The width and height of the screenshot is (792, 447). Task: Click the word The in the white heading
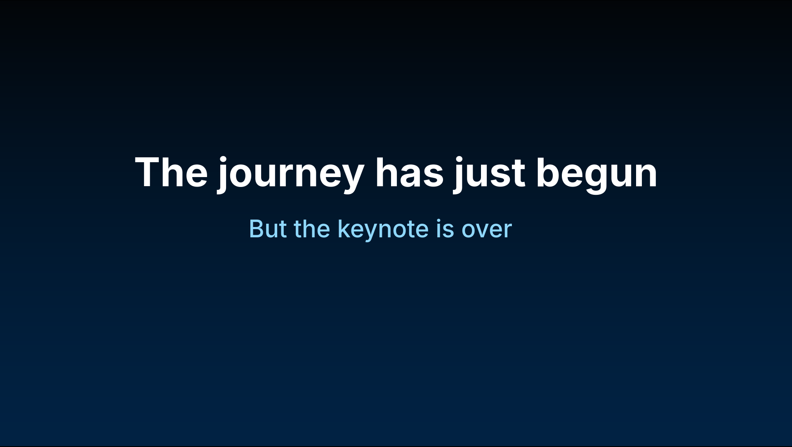pyautogui.click(x=171, y=172)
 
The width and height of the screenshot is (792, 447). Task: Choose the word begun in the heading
pyautogui.click(x=596, y=175)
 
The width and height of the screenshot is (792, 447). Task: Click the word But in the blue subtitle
pyautogui.click(x=268, y=229)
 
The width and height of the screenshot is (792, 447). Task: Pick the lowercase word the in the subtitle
pyautogui.click(x=312, y=229)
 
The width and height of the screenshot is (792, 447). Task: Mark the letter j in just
pyautogui.click(x=460, y=175)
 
